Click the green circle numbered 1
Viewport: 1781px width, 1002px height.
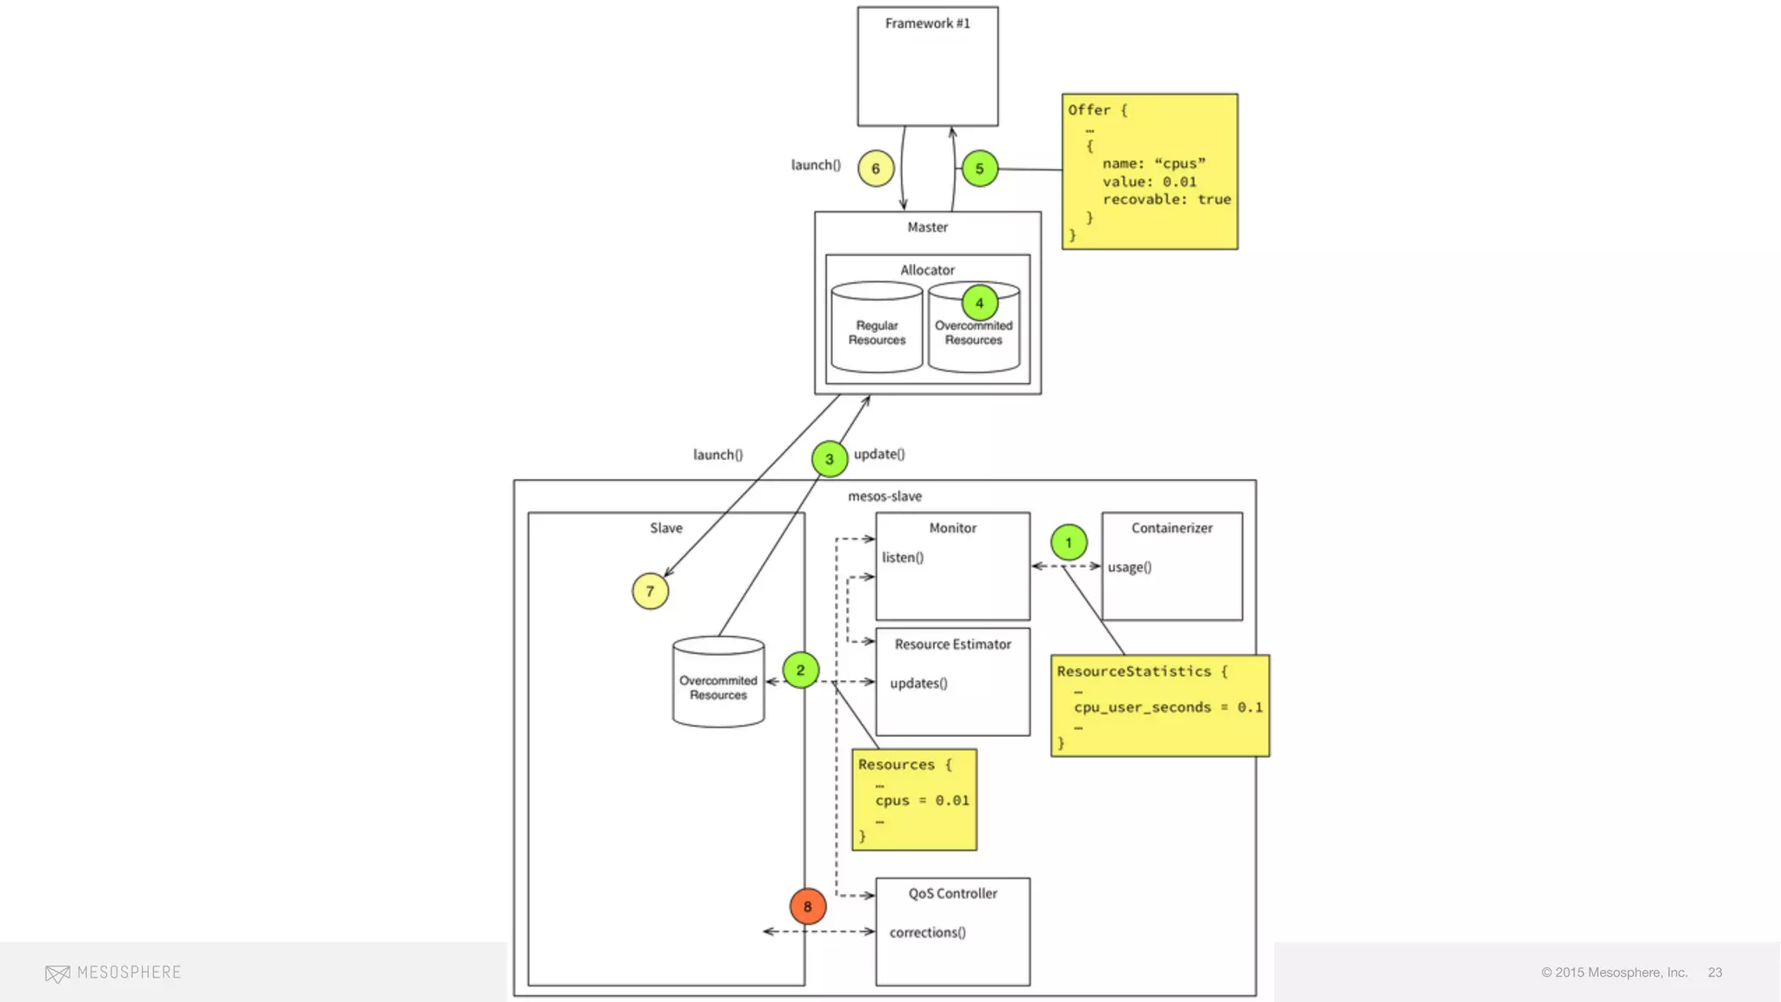click(x=1068, y=543)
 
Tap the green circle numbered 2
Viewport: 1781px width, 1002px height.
click(x=800, y=670)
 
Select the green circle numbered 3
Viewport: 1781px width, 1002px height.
click(x=829, y=458)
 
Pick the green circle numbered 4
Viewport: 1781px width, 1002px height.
click(x=979, y=303)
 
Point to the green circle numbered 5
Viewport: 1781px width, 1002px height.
click(x=979, y=169)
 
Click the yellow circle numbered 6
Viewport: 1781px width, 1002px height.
click(x=876, y=169)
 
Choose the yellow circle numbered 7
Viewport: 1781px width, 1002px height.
click(x=650, y=591)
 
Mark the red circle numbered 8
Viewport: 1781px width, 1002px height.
click(x=807, y=906)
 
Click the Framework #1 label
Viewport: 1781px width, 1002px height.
click(x=927, y=23)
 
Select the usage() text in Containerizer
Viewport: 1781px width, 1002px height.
click(x=1129, y=567)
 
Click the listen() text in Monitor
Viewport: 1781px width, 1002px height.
click(x=902, y=558)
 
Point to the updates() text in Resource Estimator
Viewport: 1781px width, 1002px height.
click(x=918, y=684)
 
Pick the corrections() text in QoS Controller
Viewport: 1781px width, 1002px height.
click(x=927, y=932)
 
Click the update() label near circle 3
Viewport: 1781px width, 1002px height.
click(x=879, y=454)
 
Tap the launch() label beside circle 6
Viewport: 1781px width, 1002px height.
click(x=816, y=165)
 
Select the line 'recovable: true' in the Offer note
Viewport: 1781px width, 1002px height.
click(x=1166, y=199)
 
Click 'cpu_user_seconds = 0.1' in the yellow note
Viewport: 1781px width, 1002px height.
click(x=1167, y=707)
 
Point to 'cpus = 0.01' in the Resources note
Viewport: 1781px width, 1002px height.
click(x=922, y=800)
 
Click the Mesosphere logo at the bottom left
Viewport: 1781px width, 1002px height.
click(x=113, y=972)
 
